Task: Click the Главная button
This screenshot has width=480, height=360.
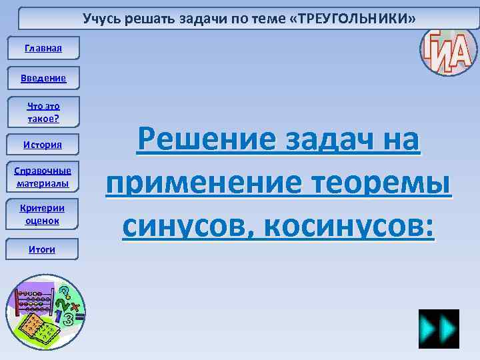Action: [43, 48]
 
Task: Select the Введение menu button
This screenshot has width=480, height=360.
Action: [43, 78]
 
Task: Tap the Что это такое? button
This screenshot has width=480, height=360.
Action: [43, 112]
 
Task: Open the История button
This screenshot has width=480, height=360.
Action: [43, 145]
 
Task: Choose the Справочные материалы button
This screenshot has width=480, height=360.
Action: [43, 176]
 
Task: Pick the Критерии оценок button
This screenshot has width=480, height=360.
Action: [43, 213]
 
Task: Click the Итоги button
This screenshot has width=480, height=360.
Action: [43, 249]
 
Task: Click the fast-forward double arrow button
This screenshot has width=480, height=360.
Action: [439, 329]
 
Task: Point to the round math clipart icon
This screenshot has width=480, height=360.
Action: [43, 311]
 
